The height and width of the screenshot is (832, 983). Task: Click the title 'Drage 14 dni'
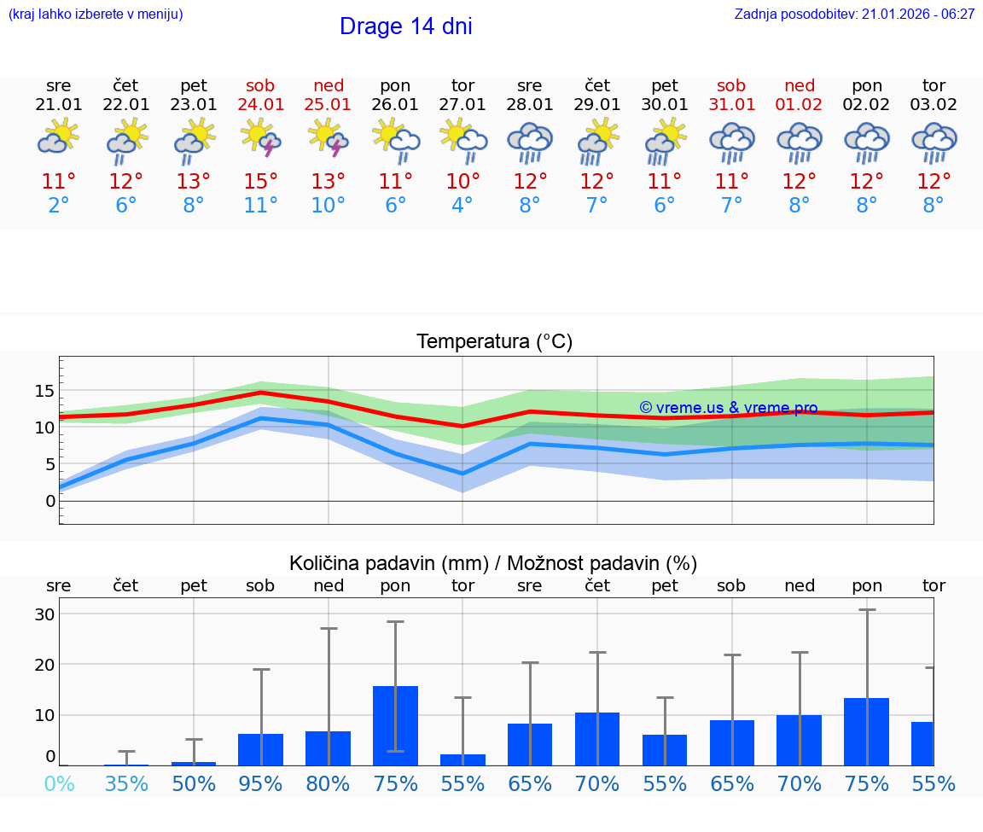(x=405, y=26)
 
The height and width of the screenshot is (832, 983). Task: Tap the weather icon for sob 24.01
(x=261, y=138)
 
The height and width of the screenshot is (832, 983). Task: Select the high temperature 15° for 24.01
(x=261, y=181)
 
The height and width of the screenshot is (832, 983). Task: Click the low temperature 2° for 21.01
(x=59, y=206)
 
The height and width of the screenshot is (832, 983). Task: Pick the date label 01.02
(x=800, y=104)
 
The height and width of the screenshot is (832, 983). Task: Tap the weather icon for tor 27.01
(x=462, y=138)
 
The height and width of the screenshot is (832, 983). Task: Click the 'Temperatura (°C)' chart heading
(x=494, y=341)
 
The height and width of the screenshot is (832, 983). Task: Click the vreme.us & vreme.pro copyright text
(x=728, y=408)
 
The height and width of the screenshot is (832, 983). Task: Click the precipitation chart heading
(x=493, y=563)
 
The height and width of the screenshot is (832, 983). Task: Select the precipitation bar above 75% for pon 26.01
(x=395, y=725)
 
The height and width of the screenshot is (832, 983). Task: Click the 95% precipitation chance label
(x=261, y=783)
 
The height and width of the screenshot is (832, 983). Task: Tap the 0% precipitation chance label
(x=59, y=783)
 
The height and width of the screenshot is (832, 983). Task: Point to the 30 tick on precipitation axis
(x=44, y=614)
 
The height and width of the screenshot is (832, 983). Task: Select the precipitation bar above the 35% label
(x=126, y=764)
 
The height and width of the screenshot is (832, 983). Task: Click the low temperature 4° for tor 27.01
(x=462, y=206)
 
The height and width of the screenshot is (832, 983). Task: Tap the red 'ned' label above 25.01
(x=329, y=85)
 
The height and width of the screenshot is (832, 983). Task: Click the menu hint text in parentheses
(x=96, y=14)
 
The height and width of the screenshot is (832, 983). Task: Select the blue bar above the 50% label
(x=194, y=763)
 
